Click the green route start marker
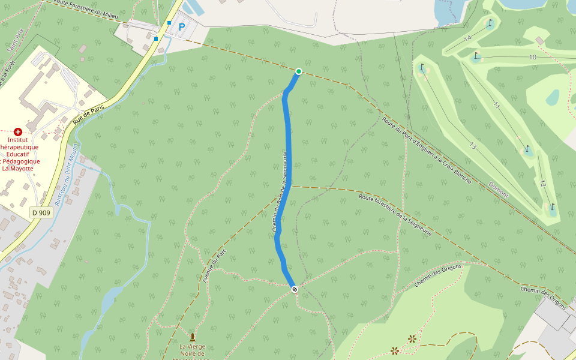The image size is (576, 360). (x=298, y=71)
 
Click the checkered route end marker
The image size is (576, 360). (x=295, y=290)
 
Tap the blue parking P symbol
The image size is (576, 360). (x=181, y=26)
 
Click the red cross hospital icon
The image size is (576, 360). (x=18, y=131)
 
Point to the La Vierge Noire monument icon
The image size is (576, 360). (x=193, y=337)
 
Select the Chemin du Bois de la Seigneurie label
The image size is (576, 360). (x=281, y=192)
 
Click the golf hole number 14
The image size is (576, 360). (x=467, y=38)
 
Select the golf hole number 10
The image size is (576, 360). (x=532, y=57)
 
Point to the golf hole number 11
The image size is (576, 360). (x=496, y=106)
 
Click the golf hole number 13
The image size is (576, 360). (x=473, y=146)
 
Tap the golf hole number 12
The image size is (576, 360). (x=542, y=183)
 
